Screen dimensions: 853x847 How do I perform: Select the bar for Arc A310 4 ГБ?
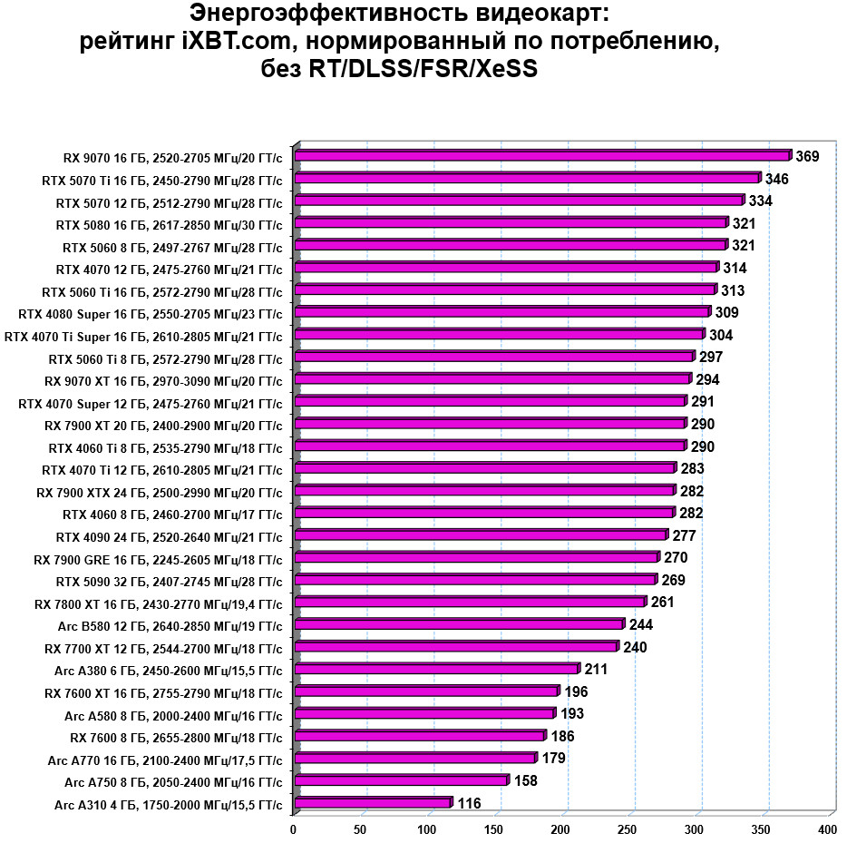[373, 803]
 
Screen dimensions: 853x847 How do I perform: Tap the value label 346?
[777, 179]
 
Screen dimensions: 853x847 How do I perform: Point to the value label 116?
[469, 803]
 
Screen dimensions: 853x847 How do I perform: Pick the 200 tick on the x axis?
[561, 829]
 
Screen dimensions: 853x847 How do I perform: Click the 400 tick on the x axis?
[827, 829]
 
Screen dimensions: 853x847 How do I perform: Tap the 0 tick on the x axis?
[293, 829]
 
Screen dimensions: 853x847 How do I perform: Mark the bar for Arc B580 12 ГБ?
[459, 624]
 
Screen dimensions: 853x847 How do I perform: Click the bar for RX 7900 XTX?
[485, 491]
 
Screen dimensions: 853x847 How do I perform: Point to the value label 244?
[641, 624]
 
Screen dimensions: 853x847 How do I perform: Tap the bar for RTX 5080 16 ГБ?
[511, 223]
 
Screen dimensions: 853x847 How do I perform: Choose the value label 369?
[808, 156]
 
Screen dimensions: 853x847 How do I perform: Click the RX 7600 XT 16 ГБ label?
[163, 692]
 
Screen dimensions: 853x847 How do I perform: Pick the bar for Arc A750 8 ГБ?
[401, 780]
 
